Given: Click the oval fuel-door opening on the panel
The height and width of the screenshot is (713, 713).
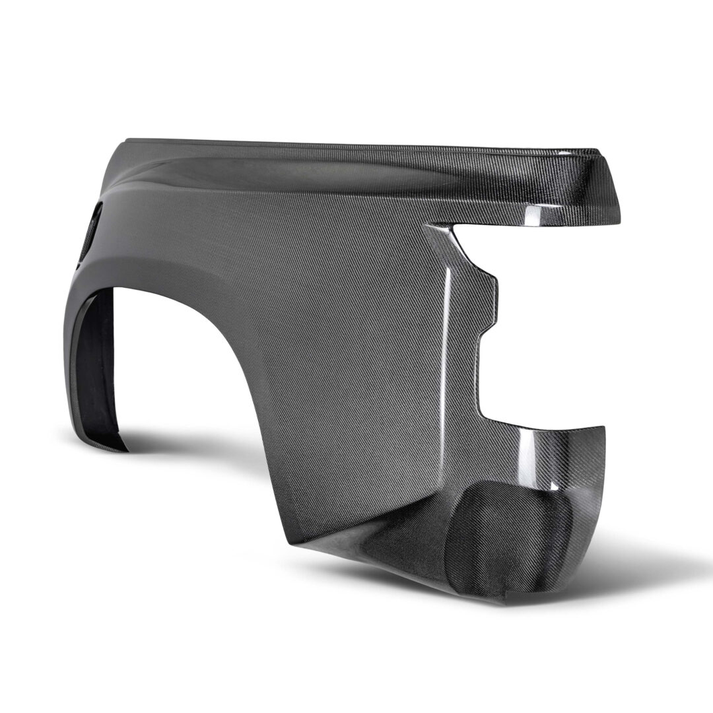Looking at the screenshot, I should pyautogui.click(x=92, y=231).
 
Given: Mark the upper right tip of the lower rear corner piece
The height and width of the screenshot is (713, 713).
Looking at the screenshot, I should pyautogui.click(x=602, y=427).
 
